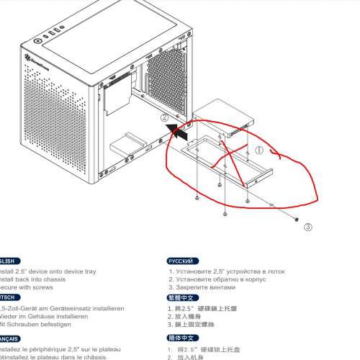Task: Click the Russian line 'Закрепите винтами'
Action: pyautogui.click(x=205, y=287)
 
